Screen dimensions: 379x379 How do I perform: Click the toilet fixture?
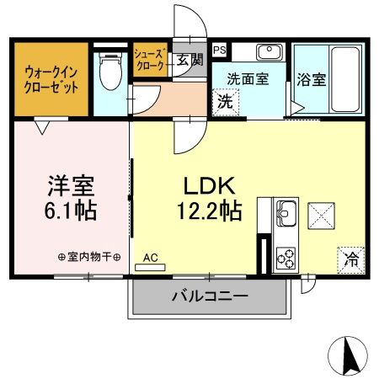click(109, 72)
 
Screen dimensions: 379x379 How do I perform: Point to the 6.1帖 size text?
click(70, 211)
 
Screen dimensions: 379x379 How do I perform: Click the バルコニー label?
click(210, 296)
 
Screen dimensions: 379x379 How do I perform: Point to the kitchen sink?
click(286, 211)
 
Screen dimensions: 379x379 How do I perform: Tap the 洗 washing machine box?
click(226, 102)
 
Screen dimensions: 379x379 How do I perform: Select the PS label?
click(218, 50)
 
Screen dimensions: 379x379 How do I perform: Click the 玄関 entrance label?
click(189, 60)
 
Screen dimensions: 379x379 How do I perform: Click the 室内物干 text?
click(89, 257)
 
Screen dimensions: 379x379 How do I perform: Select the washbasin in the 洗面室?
click(268, 51)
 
